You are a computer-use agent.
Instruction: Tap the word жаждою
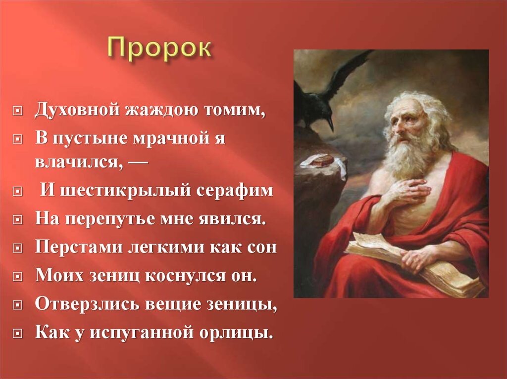point(160,110)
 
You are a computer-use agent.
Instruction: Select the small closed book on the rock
point(322,161)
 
